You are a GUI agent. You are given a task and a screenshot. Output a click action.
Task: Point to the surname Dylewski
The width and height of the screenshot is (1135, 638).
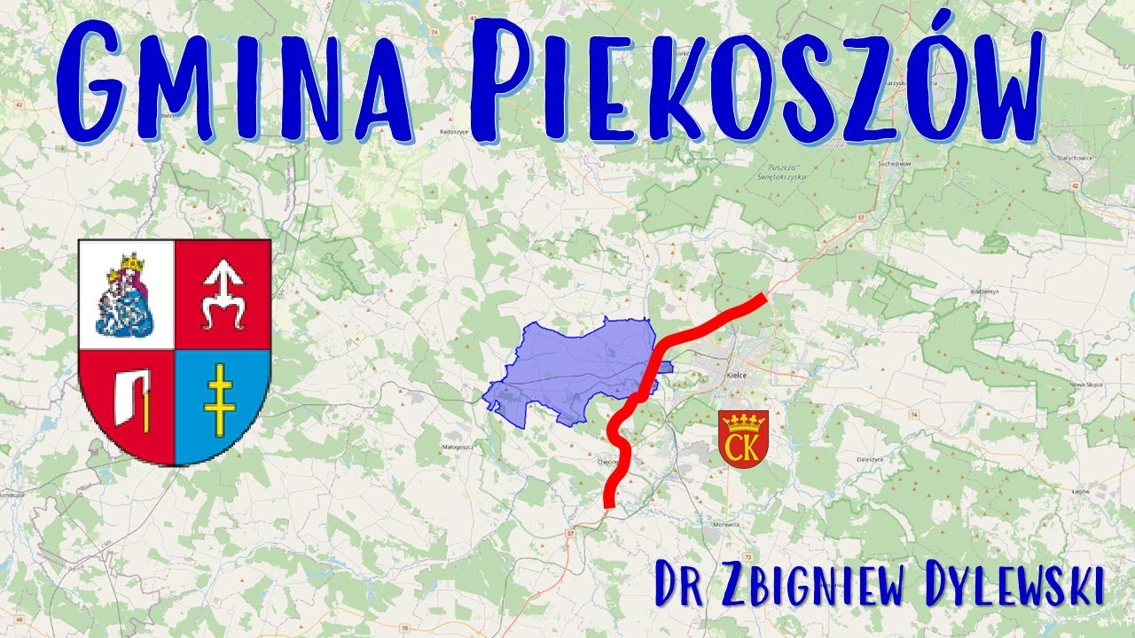(1010, 586)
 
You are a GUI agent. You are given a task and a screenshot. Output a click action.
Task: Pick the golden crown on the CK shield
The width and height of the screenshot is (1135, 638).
(743, 419)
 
